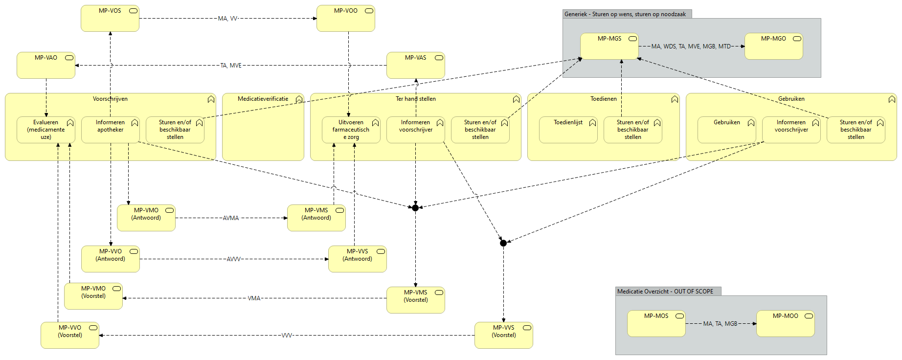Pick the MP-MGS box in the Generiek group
coord(609,46)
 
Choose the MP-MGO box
coord(774,46)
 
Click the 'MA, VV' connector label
coord(227,19)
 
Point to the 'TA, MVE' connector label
coord(231,66)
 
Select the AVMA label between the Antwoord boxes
coord(231,218)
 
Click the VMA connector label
coord(254,298)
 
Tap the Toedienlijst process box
coord(568,130)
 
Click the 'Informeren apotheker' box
coord(111,130)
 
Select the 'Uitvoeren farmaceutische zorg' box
coord(351,130)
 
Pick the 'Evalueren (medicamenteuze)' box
coord(46,130)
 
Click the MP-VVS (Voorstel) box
coord(504,335)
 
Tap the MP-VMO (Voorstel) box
coord(93,296)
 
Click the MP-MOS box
coord(656,324)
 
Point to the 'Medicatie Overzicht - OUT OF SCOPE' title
coord(665,292)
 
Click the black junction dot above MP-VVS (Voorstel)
coord(503,243)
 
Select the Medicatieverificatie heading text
coord(263,99)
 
